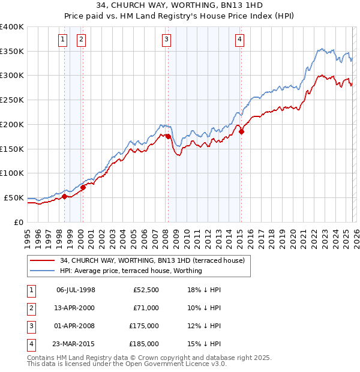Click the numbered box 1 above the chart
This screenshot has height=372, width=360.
point(62,40)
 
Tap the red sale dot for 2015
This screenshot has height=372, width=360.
point(241,131)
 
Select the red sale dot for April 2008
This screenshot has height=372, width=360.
point(168,136)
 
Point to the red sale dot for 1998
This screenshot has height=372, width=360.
point(64,196)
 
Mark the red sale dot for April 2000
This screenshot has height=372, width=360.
point(83,187)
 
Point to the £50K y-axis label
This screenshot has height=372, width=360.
point(14,197)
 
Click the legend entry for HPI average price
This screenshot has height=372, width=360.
point(131,271)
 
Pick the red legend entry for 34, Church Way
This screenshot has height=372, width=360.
point(152,261)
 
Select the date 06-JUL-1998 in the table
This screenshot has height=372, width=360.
point(76,289)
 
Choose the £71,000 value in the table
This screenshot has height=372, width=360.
point(146,308)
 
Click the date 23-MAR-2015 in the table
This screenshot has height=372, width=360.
point(76,345)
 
